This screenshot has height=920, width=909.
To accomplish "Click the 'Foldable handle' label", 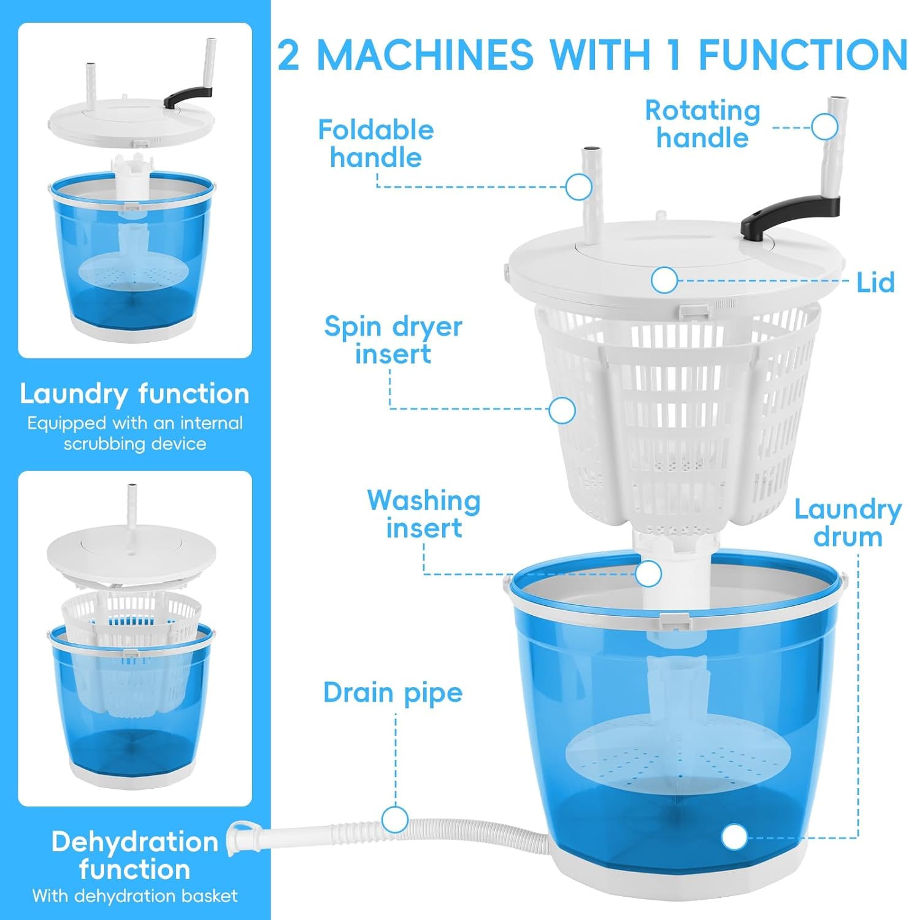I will (x=375, y=144).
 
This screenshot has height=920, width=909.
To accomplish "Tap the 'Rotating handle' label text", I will (x=702, y=124).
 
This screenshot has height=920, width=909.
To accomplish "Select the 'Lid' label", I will (x=875, y=283).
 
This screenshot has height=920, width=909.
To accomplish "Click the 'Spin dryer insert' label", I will (x=393, y=340).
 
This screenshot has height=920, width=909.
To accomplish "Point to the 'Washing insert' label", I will (x=423, y=514).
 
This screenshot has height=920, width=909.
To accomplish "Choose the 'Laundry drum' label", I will (x=848, y=523).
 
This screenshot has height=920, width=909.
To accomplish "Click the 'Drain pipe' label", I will (x=393, y=692).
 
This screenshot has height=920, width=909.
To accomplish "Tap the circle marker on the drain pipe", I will (x=394, y=819).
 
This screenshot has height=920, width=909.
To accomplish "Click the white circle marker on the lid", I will (x=664, y=281).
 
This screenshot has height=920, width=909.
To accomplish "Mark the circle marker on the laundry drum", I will (x=734, y=837).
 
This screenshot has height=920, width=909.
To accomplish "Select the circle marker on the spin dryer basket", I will (x=561, y=410).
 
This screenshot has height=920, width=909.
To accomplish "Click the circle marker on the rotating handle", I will (x=824, y=128).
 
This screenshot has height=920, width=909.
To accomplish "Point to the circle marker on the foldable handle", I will (x=578, y=187).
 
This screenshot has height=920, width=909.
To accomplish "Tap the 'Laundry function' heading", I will (x=134, y=394).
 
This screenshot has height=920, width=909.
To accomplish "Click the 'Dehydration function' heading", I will (x=134, y=856).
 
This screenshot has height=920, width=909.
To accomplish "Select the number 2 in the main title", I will (x=289, y=55).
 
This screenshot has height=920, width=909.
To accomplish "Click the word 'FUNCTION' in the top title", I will (x=802, y=55).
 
